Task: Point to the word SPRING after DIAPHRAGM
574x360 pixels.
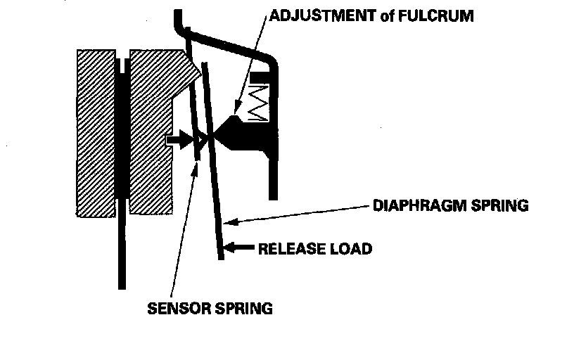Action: (x=497, y=206)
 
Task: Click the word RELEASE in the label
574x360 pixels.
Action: (x=291, y=248)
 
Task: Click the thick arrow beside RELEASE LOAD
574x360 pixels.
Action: (x=241, y=247)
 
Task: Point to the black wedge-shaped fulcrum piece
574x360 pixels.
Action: (x=232, y=132)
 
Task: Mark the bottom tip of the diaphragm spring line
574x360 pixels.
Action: (x=222, y=257)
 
